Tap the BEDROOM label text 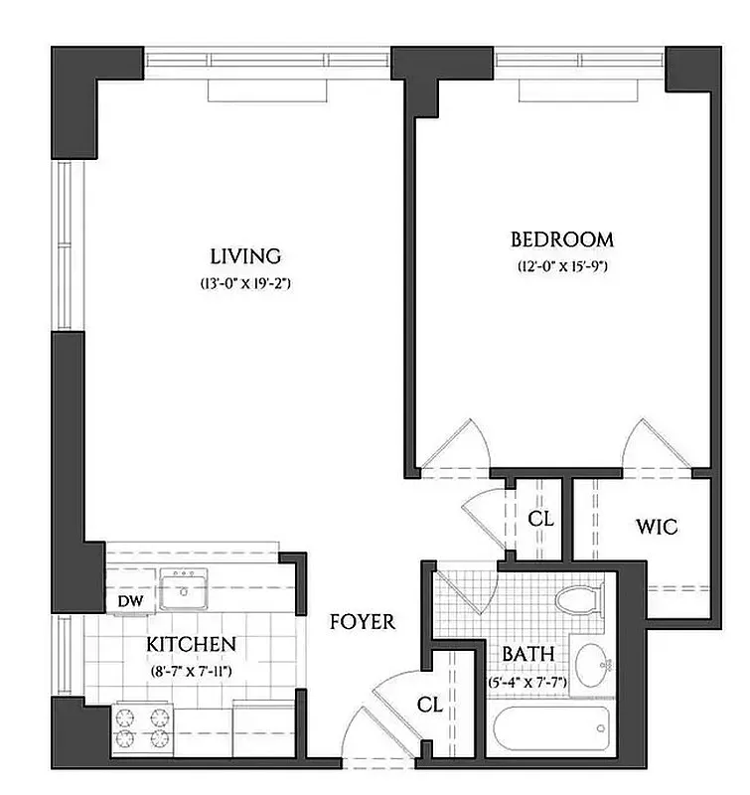tap(561, 239)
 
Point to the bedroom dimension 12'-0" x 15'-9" tap(561, 266)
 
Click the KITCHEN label tap(191, 644)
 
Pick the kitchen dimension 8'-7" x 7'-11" tap(191, 672)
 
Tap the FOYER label tap(362, 623)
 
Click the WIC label tap(657, 527)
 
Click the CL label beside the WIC tap(539, 519)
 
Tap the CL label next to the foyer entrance tap(429, 705)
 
